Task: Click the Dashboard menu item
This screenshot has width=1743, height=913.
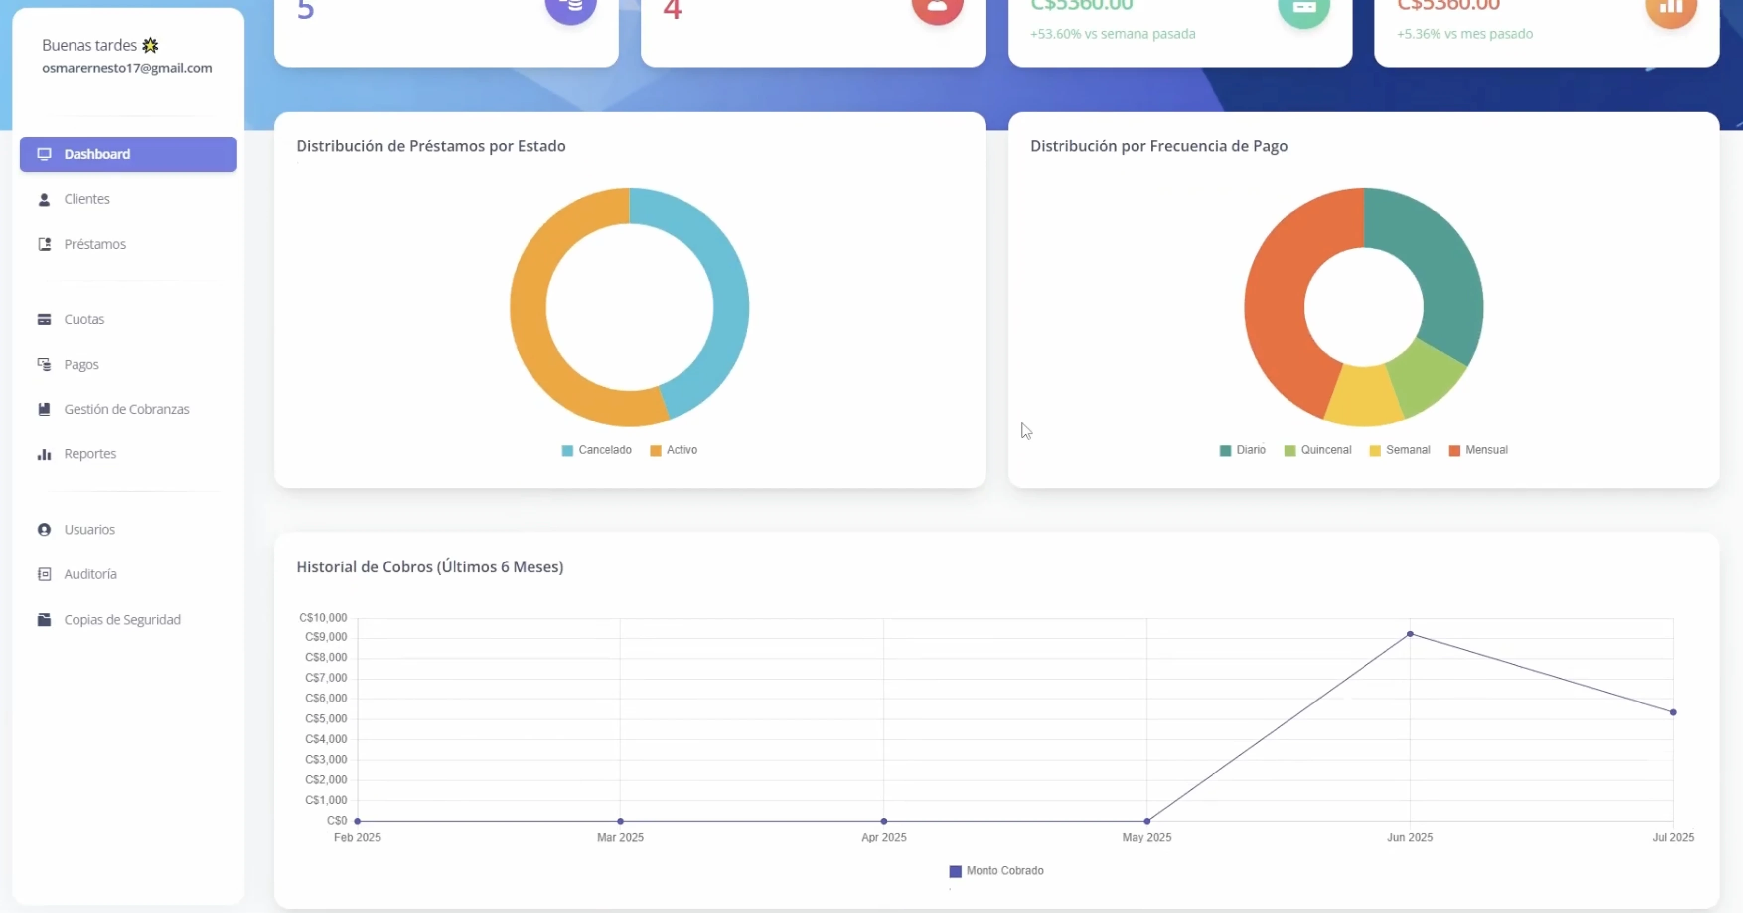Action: (x=128, y=154)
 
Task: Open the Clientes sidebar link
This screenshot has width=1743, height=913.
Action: (x=86, y=199)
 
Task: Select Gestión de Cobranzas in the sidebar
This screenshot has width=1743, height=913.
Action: (x=127, y=409)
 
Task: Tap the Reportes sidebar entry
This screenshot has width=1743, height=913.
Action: (x=90, y=454)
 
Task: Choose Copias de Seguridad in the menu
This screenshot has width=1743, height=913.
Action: (x=122, y=620)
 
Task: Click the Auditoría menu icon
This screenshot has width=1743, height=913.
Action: (x=45, y=574)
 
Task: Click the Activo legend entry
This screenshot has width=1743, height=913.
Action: (x=674, y=450)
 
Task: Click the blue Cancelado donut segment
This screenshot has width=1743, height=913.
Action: (x=717, y=284)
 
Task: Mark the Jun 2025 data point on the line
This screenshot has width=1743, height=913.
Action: (x=1410, y=634)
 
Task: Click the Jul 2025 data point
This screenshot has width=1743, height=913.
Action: (x=1673, y=712)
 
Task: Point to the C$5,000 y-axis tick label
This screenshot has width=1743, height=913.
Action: (x=326, y=719)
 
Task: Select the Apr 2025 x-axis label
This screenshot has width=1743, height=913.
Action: (x=884, y=837)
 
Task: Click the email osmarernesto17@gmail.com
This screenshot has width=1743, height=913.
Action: (x=127, y=69)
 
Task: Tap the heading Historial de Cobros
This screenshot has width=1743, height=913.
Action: (x=430, y=567)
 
